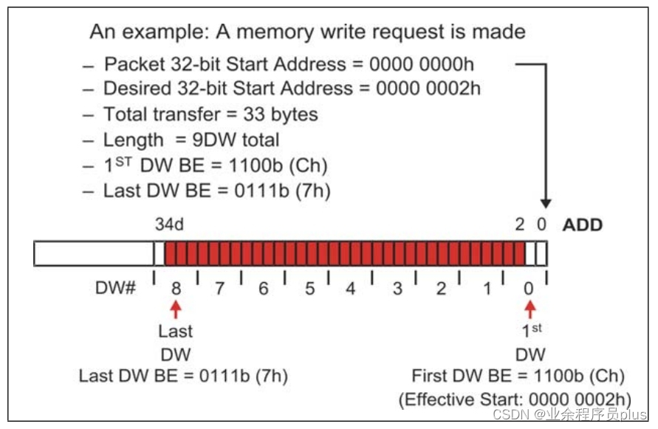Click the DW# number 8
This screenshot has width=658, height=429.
(176, 288)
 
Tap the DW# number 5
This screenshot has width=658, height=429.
(309, 288)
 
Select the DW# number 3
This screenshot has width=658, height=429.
(397, 288)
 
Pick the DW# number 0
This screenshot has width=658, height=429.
(528, 288)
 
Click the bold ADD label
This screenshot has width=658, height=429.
(583, 224)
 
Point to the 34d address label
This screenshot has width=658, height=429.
(170, 224)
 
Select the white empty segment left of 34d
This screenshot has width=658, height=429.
(93, 253)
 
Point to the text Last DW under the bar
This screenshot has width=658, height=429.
(176, 343)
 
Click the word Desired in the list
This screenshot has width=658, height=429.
(136, 89)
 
